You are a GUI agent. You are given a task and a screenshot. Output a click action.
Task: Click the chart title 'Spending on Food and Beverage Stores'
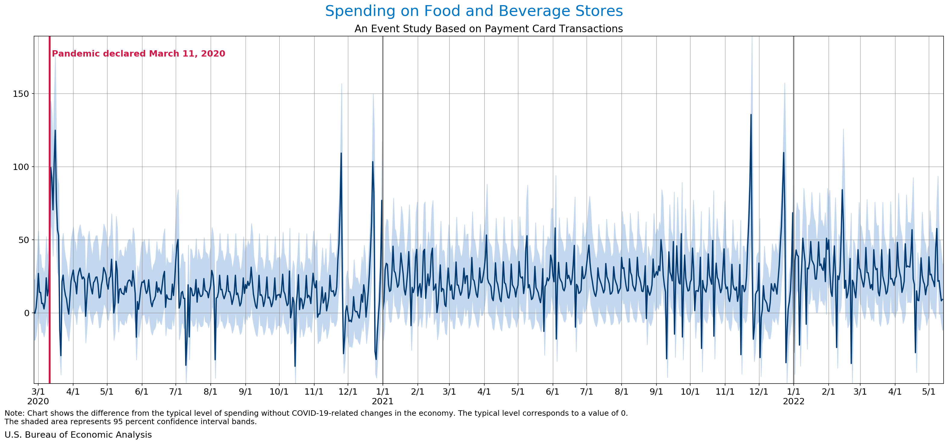[474, 11]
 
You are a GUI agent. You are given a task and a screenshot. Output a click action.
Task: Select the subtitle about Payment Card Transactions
[488, 29]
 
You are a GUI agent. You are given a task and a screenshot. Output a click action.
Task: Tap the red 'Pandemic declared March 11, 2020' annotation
[138, 54]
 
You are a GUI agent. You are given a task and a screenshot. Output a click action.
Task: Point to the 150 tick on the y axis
[21, 94]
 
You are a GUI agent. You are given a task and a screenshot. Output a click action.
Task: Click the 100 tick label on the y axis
[21, 167]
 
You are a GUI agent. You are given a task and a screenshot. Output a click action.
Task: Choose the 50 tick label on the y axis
[23, 240]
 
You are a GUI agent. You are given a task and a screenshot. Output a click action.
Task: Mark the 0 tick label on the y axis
[26, 313]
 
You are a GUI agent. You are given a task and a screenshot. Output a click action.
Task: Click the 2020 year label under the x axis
[38, 401]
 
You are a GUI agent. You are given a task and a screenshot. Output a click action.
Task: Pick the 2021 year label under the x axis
[383, 401]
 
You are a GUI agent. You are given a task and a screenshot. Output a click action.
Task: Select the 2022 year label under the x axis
[793, 401]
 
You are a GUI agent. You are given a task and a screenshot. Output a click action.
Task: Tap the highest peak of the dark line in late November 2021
[751, 115]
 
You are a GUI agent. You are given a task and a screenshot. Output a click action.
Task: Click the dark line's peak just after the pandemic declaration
[55, 130]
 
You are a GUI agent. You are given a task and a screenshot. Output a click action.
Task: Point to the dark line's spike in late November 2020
[341, 153]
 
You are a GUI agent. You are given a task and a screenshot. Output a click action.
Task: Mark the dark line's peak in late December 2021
[783, 153]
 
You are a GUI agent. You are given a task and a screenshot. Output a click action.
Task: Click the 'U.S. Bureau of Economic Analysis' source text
[78, 435]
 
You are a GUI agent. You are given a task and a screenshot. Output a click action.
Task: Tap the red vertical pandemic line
[49, 221]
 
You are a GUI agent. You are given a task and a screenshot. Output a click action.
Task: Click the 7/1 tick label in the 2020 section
[176, 392]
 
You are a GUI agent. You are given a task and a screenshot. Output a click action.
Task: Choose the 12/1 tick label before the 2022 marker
[759, 392]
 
